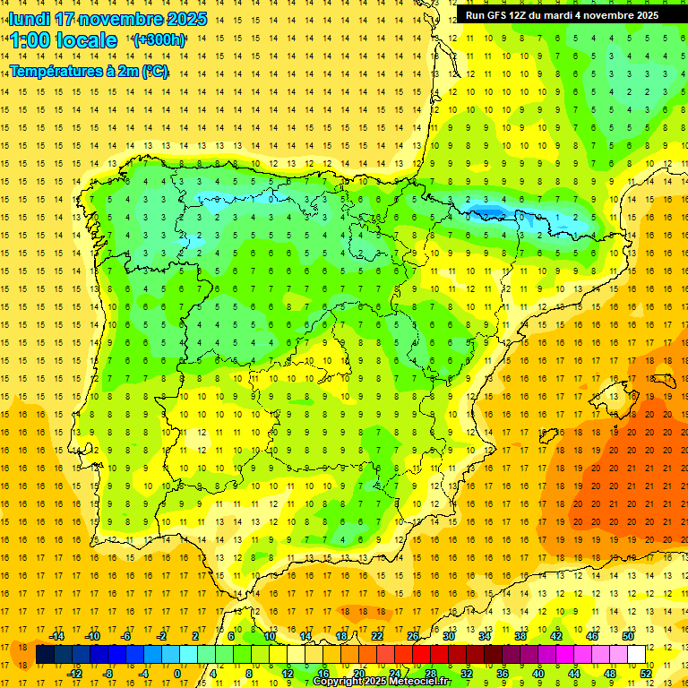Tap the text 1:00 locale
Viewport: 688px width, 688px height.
pyautogui.click(x=64, y=40)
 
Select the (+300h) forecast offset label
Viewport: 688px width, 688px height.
pyautogui.click(x=159, y=40)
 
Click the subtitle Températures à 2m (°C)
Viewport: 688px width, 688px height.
pyautogui.click(x=89, y=72)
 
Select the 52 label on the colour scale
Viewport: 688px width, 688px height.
pyautogui.click(x=646, y=673)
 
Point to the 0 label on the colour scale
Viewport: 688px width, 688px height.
pyautogui.click(x=177, y=673)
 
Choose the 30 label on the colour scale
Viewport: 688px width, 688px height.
pyautogui.click(x=448, y=636)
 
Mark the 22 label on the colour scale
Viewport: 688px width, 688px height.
pyautogui.click(x=376, y=636)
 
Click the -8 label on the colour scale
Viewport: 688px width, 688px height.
pyautogui.click(x=107, y=673)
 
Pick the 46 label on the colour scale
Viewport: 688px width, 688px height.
pyautogui.click(x=591, y=636)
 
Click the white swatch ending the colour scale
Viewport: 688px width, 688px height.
pyautogui.click(x=636, y=655)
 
